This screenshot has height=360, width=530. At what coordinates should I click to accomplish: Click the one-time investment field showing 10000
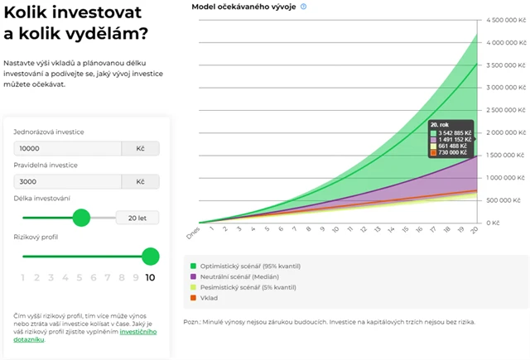(x=66, y=148)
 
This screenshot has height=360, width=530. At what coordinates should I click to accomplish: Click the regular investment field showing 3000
(x=66, y=181)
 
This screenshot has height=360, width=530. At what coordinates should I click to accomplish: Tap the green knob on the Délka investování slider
(x=81, y=217)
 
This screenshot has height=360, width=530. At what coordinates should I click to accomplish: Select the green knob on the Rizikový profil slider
(x=150, y=256)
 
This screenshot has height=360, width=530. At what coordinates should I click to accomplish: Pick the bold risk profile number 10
(x=150, y=278)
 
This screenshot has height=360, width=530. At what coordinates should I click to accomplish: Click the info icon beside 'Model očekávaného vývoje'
(x=304, y=7)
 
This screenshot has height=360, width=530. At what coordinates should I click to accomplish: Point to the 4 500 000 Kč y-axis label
(x=506, y=19)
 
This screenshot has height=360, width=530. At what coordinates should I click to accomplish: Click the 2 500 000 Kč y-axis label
(x=506, y=109)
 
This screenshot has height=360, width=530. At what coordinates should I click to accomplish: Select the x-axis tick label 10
(x=334, y=233)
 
